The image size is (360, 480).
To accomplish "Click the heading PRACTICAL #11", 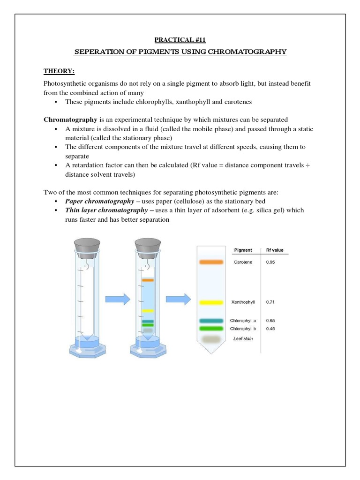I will coord(180,40).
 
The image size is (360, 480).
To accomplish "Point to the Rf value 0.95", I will coord(270,262).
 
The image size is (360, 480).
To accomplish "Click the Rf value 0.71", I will coord(270,302).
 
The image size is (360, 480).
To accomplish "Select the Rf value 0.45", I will coord(270,329).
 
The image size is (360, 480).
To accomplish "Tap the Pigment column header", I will coord(242,250).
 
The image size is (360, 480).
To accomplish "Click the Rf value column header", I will coord(275,250).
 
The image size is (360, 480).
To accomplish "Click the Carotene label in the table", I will coord(242,262).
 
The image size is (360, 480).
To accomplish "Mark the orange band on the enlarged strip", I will coord(210,262).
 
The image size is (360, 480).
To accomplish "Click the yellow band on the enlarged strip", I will coord(210,302).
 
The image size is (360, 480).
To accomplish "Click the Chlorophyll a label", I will coord(243,321).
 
